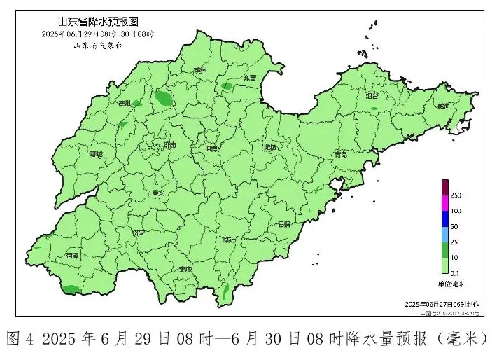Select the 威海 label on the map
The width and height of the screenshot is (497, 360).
pyautogui.click(x=443, y=106)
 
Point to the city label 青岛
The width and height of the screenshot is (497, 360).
pyautogui.click(x=341, y=154)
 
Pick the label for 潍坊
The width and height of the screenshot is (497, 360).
pyautogui.click(x=270, y=148)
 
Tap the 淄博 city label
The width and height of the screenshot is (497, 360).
pyautogui.click(x=212, y=148)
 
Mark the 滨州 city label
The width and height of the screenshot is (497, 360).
pyautogui.click(x=201, y=71)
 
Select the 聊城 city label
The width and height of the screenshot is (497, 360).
pyautogui.click(x=95, y=153)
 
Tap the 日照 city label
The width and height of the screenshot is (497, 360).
pyautogui.click(x=283, y=224)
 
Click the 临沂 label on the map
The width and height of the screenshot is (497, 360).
pyautogui.click(x=230, y=240)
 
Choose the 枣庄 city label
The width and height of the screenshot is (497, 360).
pyautogui.click(x=184, y=268)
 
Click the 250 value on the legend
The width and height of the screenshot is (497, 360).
pyautogui.click(x=456, y=194)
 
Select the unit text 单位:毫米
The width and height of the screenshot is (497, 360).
pyautogui.click(x=451, y=284)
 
